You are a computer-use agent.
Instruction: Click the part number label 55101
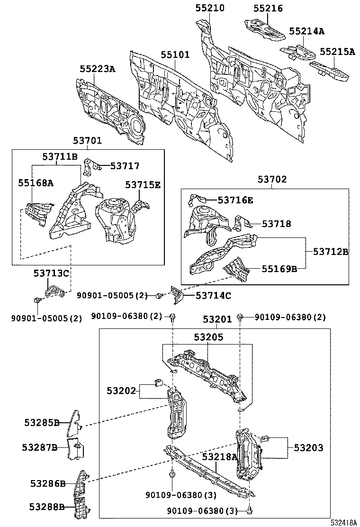pos(175,55)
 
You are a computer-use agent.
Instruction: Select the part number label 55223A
pos(97,69)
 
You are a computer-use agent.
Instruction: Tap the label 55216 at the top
pos(268,8)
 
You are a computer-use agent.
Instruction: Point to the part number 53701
pos(87,141)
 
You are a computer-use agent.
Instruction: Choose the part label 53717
pos(125,166)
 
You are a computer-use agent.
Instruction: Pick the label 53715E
pos(143,185)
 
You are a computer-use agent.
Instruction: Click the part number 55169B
pos(279,269)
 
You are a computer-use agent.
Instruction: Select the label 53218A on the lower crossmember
pos(219,456)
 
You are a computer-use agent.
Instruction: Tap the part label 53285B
pos(42,423)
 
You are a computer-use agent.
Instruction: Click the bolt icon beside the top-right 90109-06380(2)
pos(242,317)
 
